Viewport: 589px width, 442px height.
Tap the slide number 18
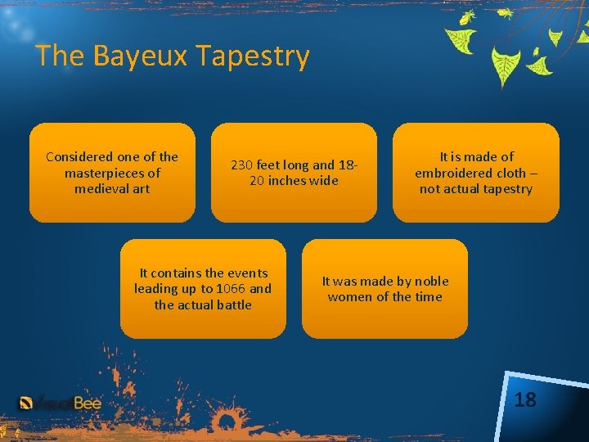[x=525, y=399]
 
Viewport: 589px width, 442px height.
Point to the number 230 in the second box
[x=242, y=165]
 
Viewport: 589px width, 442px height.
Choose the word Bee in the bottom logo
[x=87, y=403]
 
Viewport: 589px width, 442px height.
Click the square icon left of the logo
[x=26, y=403]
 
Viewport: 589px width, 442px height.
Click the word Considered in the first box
[x=80, y=156]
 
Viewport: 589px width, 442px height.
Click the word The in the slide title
[x=61, y=56]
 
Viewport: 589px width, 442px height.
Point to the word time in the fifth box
[x=428, y=297]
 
